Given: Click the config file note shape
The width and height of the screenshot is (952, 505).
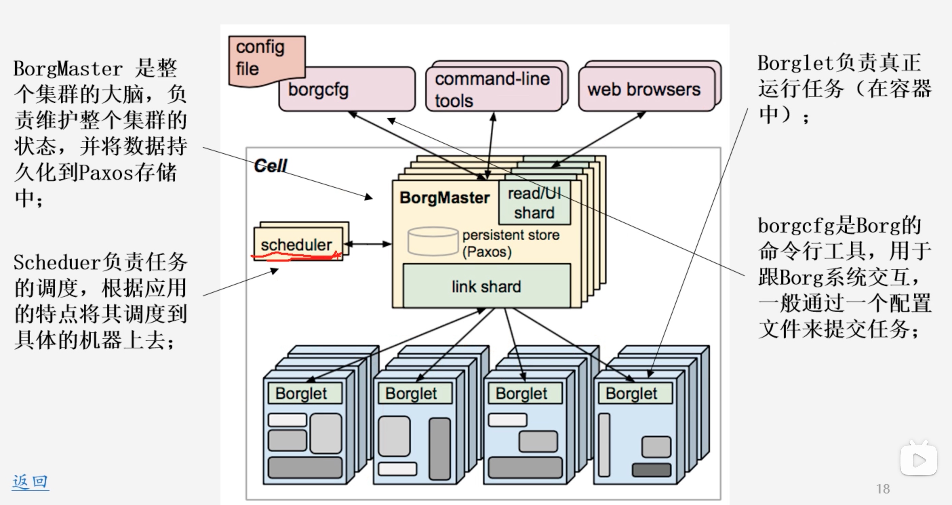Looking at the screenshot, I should (x=266, y=59).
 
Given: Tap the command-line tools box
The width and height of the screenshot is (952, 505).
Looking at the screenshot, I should (x=493, y=90).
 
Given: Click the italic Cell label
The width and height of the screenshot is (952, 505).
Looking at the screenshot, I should (x=271, y=166).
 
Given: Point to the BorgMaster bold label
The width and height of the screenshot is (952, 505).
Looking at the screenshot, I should (x=444, y=198).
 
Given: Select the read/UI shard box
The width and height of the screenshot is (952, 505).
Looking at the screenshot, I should (x=534, y=203).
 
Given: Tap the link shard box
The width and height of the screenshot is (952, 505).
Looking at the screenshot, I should (x=487, y=286).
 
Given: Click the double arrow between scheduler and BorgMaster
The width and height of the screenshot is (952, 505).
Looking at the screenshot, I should (x=368, y=244).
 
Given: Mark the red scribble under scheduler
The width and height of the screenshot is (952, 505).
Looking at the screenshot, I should (x=296, y=256).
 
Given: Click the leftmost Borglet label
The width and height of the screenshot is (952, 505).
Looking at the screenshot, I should (x=301, y=393).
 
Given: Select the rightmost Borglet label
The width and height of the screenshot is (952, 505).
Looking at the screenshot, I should (x=632, y=393).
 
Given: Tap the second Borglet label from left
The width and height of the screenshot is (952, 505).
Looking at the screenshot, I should (x=411, y=393).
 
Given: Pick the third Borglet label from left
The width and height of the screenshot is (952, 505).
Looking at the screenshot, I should (x=521, y=393).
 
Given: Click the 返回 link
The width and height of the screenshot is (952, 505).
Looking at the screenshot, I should (x=30, y=482).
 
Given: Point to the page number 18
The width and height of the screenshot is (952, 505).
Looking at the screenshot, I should (x=883, y=489).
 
